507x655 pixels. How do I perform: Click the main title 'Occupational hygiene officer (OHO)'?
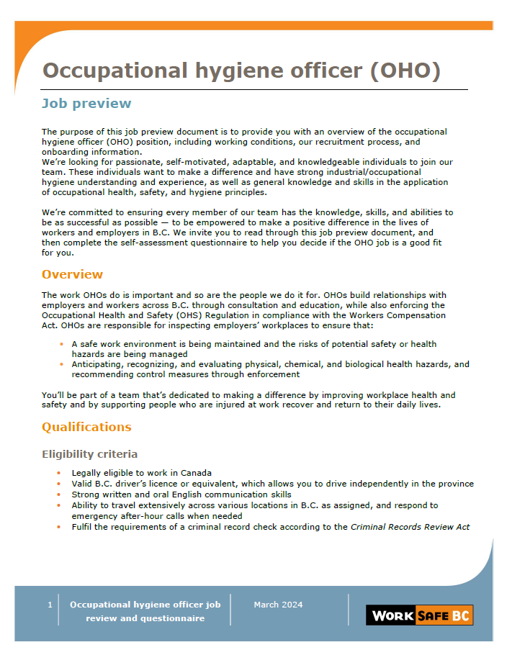click(241, 71)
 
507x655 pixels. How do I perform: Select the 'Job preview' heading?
click(86, 103)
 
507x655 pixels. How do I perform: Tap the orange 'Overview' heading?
click(72, 274)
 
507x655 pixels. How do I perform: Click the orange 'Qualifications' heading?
click(86, 427)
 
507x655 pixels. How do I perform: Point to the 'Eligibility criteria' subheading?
click(89, 454)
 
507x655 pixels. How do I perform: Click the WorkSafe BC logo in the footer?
click(420, 615)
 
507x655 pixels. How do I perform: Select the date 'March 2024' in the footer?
click(278, 605)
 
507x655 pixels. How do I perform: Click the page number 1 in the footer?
click(50, 605)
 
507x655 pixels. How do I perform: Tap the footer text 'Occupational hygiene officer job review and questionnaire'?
click(145, 611)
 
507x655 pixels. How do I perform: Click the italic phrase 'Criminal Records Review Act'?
click(410, 527)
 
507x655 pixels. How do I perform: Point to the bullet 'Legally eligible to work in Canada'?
click(141, 473)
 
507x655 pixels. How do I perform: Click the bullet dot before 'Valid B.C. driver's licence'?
click(59, 484)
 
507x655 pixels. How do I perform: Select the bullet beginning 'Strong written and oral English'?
click(181, 494)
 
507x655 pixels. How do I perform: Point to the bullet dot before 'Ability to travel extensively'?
click(59, 505)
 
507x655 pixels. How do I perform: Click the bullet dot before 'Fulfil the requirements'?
click(59, 527)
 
